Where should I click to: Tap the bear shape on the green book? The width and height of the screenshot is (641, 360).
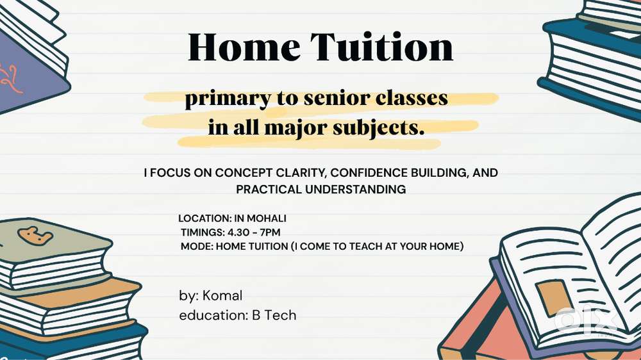point(35,236)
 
